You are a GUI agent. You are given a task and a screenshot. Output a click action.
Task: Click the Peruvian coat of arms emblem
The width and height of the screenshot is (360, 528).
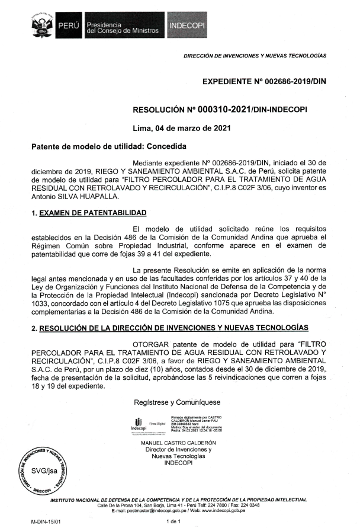point(42,25)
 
